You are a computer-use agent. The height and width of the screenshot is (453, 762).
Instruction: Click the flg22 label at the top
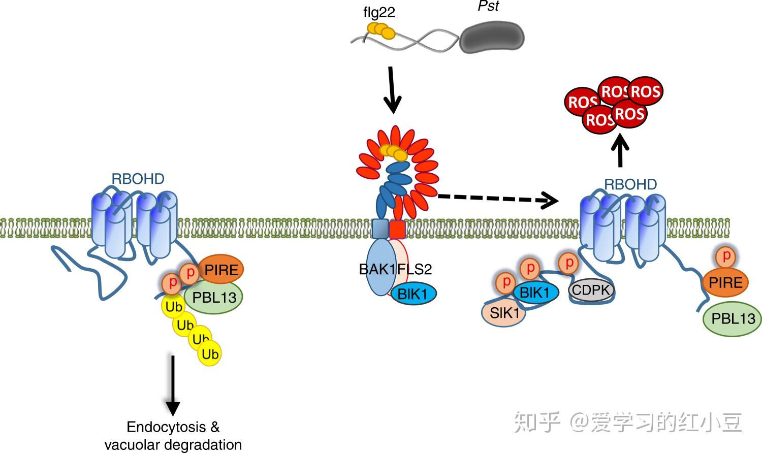(379, 12)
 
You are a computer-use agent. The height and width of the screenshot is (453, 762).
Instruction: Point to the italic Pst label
(488, 6)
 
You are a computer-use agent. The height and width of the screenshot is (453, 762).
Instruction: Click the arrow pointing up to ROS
(620, 150)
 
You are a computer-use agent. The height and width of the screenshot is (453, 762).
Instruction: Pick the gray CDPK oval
(591, 290)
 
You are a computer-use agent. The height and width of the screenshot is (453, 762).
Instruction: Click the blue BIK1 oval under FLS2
(414, 294)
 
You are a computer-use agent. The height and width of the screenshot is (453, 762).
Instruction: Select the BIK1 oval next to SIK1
(535, 293)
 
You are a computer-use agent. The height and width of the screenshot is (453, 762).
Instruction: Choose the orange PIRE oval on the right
(725, 282)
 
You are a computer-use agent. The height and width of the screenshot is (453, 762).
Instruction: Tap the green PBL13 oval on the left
(214, 298)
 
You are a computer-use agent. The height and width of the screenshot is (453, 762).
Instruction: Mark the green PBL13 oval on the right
(733, 319)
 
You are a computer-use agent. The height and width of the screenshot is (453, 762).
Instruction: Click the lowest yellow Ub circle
(210, 353)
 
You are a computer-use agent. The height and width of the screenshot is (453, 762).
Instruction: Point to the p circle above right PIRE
(726, 256)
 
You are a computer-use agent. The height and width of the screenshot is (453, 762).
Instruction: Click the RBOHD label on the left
(138, 179)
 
